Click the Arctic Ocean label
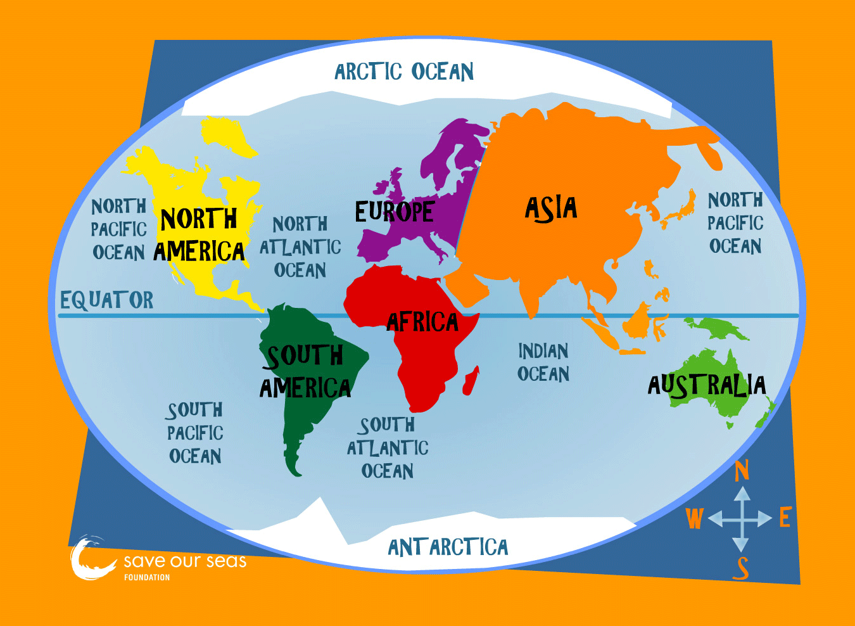(404, 72)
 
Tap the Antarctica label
(448, 547)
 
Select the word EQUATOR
(106, 300)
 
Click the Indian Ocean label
(543, 362)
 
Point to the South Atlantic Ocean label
(388, 447)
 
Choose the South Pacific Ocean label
(195, 433)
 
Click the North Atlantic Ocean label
(300, 247)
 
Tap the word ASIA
(551, 208)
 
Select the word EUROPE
(394, 212)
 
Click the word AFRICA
(422, 323)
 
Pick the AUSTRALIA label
(707, 385)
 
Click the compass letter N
(742, 471)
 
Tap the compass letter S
(741, 568)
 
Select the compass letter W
(695, 519)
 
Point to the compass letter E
(785, 518)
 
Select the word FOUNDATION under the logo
(147, 577)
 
